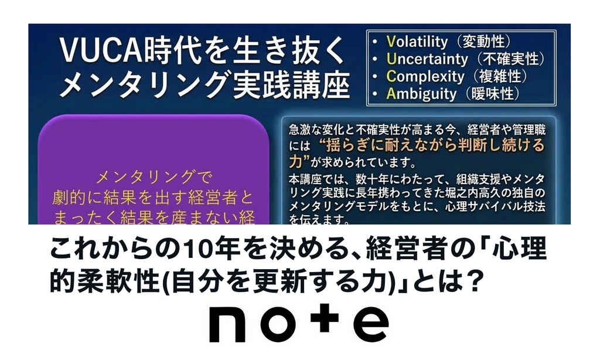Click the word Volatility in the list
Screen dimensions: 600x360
coord(417,42)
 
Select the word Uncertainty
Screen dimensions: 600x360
coord(427,59)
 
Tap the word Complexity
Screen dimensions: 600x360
coord(425,76)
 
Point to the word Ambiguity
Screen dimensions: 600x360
coord(421,93)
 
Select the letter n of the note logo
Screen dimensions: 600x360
coord(227,324)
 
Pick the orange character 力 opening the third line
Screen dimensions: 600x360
coord(296,161)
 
